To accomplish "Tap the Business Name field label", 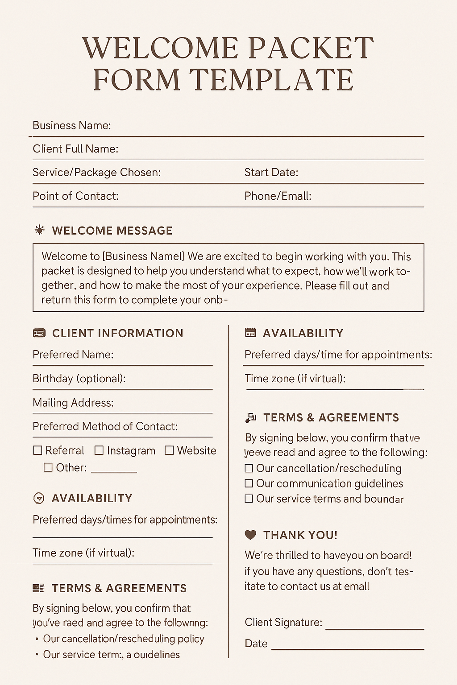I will (x=71, y=125).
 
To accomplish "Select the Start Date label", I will (x=271, y=173).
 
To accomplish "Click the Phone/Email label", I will (x=278, y=196).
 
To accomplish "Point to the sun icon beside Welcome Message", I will (x=40, y=230).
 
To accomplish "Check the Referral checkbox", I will (x=38, y=450).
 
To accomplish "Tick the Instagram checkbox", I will (x=99, y=450).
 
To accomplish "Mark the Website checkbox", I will (x=169, y=450).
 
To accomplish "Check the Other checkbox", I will (x=48, y=467).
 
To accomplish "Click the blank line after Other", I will (x=114, y=471).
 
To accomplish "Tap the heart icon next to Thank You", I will (x=251, y=535).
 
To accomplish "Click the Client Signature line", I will (x=374, y=628).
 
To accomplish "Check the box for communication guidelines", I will (x=249, y=483).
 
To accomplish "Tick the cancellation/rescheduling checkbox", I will (x=249, y=468).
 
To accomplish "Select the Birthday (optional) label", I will (x=79, y=379).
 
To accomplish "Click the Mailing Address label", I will (x=73, y=403).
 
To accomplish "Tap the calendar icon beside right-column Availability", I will (x=251, y=333).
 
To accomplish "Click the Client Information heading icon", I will (x=39, y=333).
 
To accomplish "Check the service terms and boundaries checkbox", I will (x=249, y=499).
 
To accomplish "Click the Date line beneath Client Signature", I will (x=347, y=648).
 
